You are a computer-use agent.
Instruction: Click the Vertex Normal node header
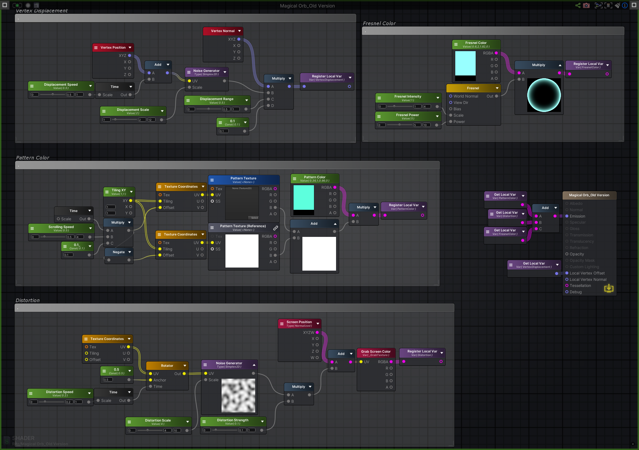(x=223, y=31)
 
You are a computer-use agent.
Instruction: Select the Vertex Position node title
(x=113, y=47)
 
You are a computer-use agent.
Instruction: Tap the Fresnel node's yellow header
(x=473, y=88)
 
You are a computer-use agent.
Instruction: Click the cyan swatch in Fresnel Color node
(x=465, y=63)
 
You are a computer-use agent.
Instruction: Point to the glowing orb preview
(x=544, y=95)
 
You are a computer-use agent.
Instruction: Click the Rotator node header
(x=167, y=365)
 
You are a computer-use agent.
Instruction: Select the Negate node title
(x=119, y=252)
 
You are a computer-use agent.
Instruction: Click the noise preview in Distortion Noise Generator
(x=238, y=395)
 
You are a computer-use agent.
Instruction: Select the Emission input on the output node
(x=577, y=216)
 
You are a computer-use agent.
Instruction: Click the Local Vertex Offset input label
(x=587, y=273)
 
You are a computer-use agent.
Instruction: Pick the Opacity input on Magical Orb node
(x=577, y=254)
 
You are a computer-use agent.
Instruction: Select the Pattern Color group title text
(x=33, y=158)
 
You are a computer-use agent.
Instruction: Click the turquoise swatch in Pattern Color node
(x=304, y=197)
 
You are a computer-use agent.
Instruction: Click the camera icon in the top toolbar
(x=586, y=6)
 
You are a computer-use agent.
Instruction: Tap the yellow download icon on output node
(x=609, y=288)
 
